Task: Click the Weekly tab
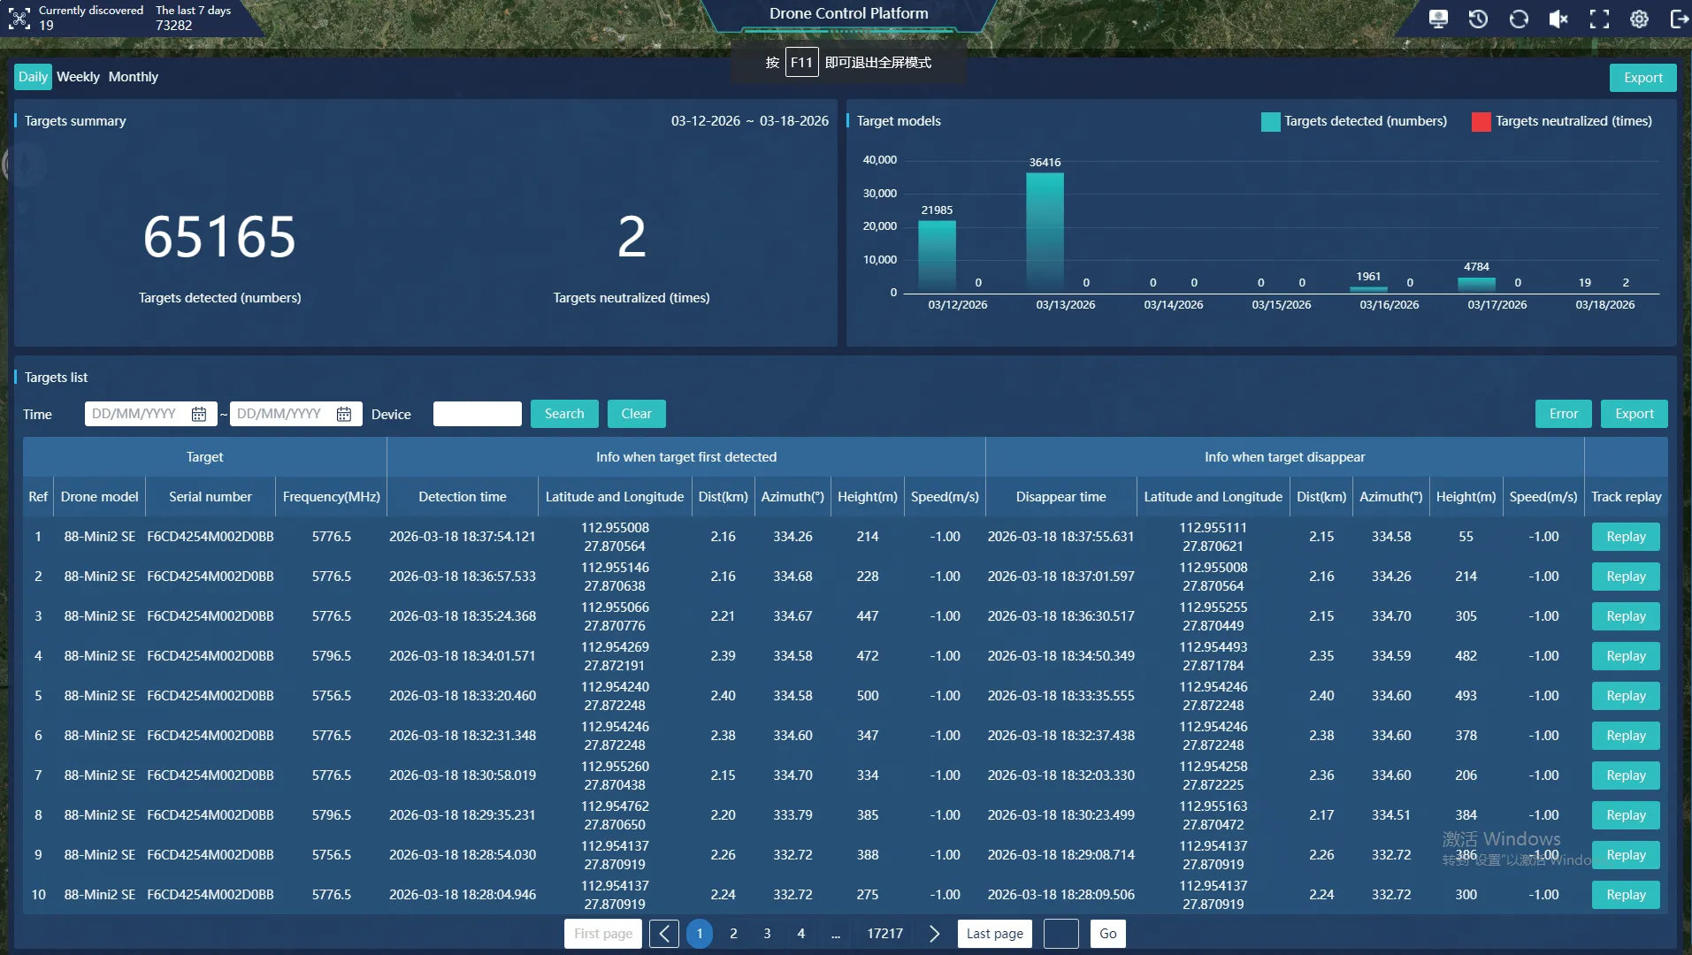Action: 78,77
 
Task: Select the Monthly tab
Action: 134,77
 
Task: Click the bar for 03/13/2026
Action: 1045,232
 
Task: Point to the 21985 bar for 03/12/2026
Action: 937,256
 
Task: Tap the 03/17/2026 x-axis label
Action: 1497,305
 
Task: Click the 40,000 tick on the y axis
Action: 879,160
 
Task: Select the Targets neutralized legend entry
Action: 1562,121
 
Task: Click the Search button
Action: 564,414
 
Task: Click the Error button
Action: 1564,414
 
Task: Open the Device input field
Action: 478,414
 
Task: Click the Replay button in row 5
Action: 1626,696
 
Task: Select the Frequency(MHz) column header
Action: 332,497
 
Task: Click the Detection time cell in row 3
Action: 463,616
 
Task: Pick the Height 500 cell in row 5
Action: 868,696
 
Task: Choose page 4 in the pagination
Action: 801,934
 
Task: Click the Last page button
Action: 995,934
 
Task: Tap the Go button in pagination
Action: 1108,934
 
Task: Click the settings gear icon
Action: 1639,19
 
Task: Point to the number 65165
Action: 220,237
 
